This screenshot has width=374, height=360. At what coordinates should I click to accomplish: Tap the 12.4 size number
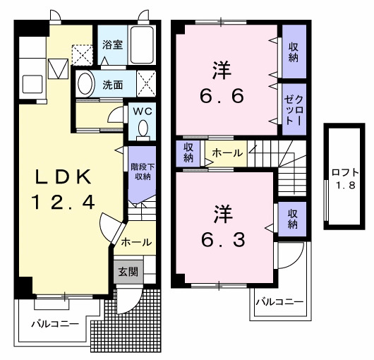pyautogui.click(x=62, y=203)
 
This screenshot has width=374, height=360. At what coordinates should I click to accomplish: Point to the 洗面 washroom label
pyautogui.click(x=112, y=85)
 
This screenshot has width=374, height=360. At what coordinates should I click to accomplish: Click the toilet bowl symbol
pyautogui.click(x=143, y=129)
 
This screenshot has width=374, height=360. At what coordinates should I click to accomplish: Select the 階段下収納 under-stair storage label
pyautogui.click(x=140, y=172)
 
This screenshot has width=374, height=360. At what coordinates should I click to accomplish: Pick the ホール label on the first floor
pyautogui.click(x=135, y=242)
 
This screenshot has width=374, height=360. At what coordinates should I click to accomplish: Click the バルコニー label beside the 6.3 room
pyautogui.click(x=279, y=302)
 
